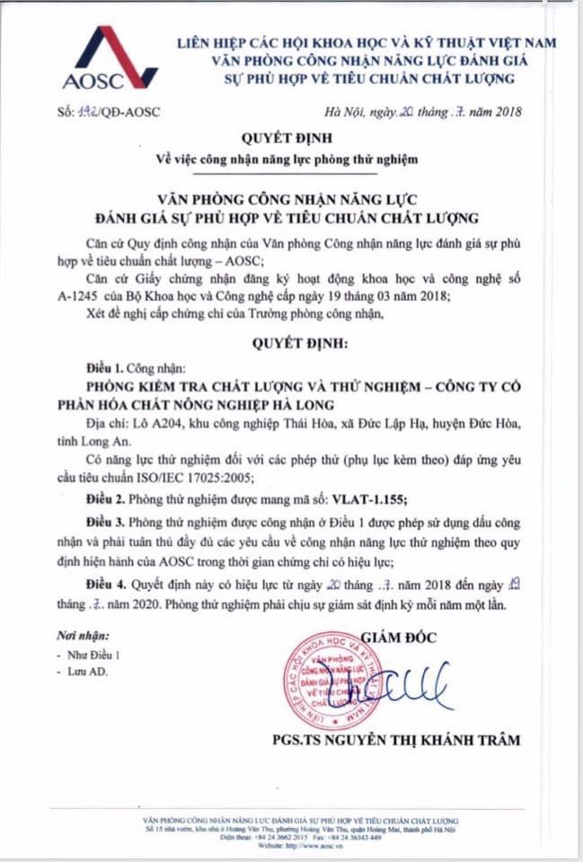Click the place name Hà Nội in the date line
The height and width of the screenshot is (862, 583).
point(342,113)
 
